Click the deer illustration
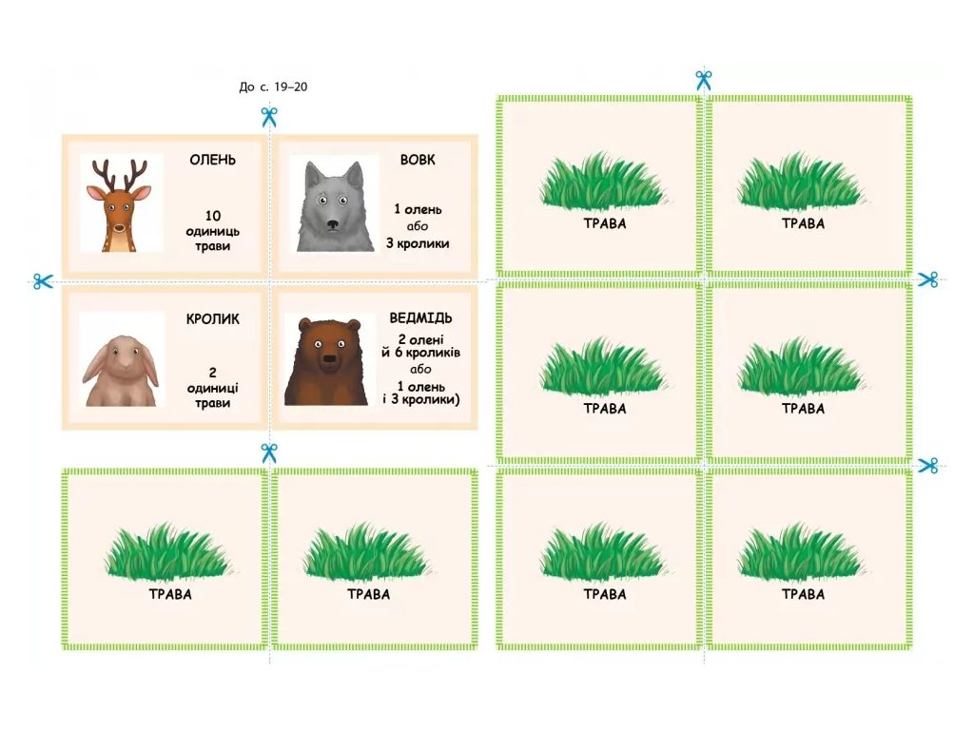pyautogui.click(x=120, y=205)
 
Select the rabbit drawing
pyautogui.click(x=121, y=371)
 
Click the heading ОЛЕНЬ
pyautogui.click(x=212, y=160)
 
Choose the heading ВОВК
pyautogui.click(x=418, y=160)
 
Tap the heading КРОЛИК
pyautogui.click(x=212, y=319)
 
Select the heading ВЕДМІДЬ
pyautogui.click(x=420, y=317)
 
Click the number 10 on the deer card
pyautogui.click(x=213, y=216)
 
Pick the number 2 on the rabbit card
pyautogui.click(x=212, y=373)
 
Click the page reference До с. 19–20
pyautogui.click(x=273, y=86)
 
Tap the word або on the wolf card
pyautogui.click(x=418, y=226)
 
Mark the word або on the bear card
pyautogui.click(x=420, y=370)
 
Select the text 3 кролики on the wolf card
pyautogui.click(x=418, y=243)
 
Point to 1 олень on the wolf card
pyautogui.click(x=418, y=210)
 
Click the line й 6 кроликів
pyautogui.click(x=420, y=353)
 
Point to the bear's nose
pyautogui.click(x=327, y=358)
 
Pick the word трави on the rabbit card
pyautogui.click(x=212, y=403)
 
